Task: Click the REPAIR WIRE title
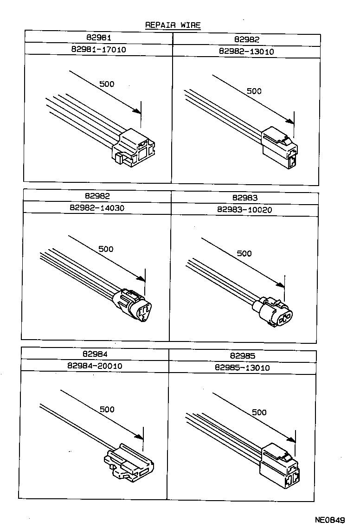click(173, 25)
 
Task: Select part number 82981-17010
click(98, 49)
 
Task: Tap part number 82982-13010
click(246, 52)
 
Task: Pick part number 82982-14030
click(97, 208)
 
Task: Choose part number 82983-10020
click(244, 210)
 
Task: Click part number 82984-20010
click(95, 366)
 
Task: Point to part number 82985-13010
click(242, 367)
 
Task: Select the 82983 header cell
click(245, 198)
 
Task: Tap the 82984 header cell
click(95, 354)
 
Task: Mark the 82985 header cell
click(242, 356)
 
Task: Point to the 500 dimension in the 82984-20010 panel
click(107, 409)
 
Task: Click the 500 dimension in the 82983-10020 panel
click(244, 253)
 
